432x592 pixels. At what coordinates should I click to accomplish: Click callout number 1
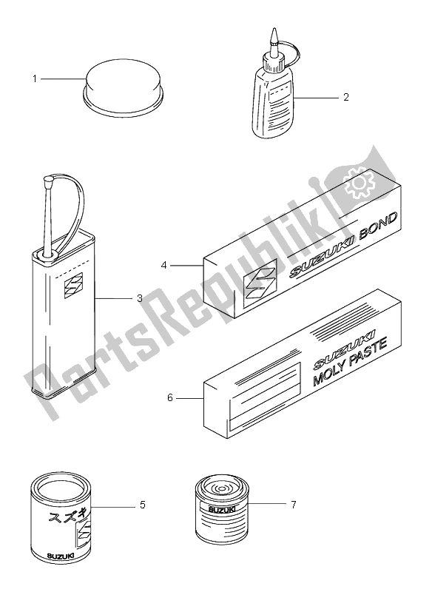35,79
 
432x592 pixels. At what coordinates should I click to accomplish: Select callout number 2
346,98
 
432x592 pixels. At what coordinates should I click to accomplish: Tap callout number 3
140,298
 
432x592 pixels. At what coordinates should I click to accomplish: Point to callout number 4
163,266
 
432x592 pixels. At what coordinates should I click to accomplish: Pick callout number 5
143,505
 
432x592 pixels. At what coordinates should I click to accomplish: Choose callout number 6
169,397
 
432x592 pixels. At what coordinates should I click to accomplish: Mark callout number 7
294,504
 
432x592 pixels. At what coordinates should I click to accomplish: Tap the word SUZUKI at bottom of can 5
60,556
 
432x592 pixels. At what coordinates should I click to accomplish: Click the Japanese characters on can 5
64,516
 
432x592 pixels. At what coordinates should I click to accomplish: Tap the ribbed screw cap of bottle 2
274,62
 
